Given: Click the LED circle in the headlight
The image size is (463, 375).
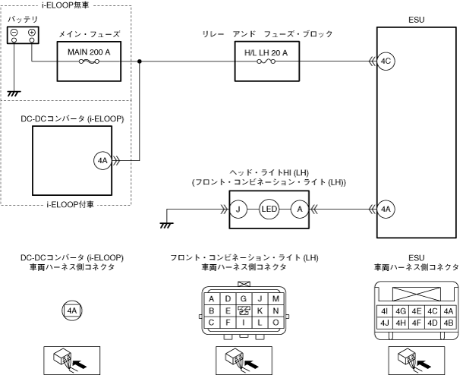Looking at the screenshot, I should pos(269,208).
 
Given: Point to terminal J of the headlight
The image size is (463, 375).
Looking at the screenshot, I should pos(238,208).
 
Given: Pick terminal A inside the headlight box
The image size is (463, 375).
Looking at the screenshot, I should pos(300,208).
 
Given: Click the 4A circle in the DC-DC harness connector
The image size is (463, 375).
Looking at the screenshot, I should pos(71,310).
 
